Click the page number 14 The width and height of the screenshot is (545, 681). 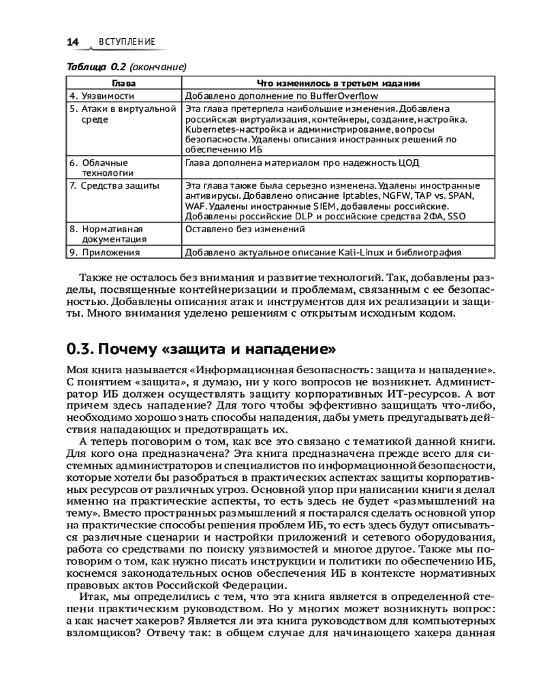tap(72, 42)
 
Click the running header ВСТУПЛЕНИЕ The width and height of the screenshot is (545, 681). tap(127, 42)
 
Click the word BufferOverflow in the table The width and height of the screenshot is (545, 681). tap(344, 96)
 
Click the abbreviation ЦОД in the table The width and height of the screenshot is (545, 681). tap(410, 163)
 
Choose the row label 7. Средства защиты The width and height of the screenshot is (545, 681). tap(114, 185)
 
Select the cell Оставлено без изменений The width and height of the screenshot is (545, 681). tap(245, 229)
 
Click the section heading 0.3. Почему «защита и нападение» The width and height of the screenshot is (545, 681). tap(201, 350)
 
